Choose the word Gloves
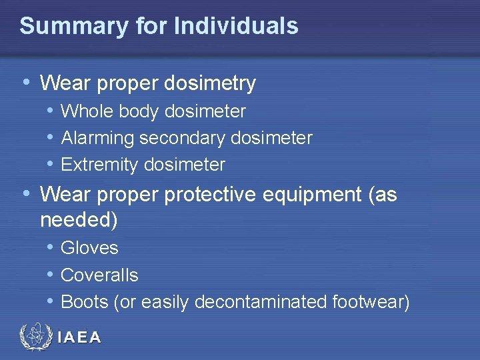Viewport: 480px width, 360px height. pyautogui.click(x=89, y=248)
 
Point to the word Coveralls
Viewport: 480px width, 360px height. pyautogui.click(x=99, y=275)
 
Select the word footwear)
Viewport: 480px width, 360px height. pyautogui.click(x=371, y=302)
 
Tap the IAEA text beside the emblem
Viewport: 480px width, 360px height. pyautogui.click(x=79, y=338)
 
